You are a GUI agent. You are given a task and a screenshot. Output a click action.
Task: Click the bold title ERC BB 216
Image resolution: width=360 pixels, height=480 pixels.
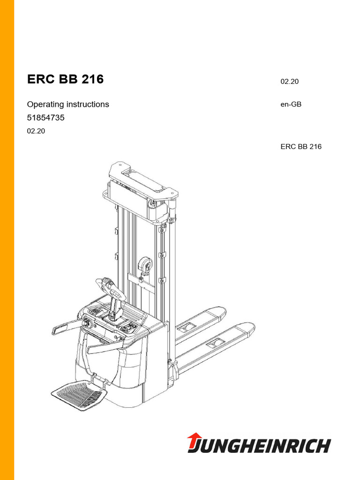(x=65, y=80)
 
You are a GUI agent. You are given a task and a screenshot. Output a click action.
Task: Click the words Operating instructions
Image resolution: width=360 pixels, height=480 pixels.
(x=68, y=104)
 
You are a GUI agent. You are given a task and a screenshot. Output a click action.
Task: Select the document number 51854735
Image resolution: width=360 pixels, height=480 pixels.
(x=45, y=118)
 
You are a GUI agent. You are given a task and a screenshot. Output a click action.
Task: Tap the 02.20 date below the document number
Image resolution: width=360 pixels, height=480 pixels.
(x=36, y=131)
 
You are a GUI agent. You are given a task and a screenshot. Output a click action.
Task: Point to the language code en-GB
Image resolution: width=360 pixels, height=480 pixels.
(x=291, y=104)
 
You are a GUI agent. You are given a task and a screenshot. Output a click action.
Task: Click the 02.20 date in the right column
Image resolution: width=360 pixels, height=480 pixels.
(x=290, y=82)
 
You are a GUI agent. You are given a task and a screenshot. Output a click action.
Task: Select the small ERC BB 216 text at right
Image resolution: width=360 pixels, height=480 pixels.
(x=301, y=146)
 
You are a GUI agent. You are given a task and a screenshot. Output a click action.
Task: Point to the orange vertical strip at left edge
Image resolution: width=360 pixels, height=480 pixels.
(x=7, y=240)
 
